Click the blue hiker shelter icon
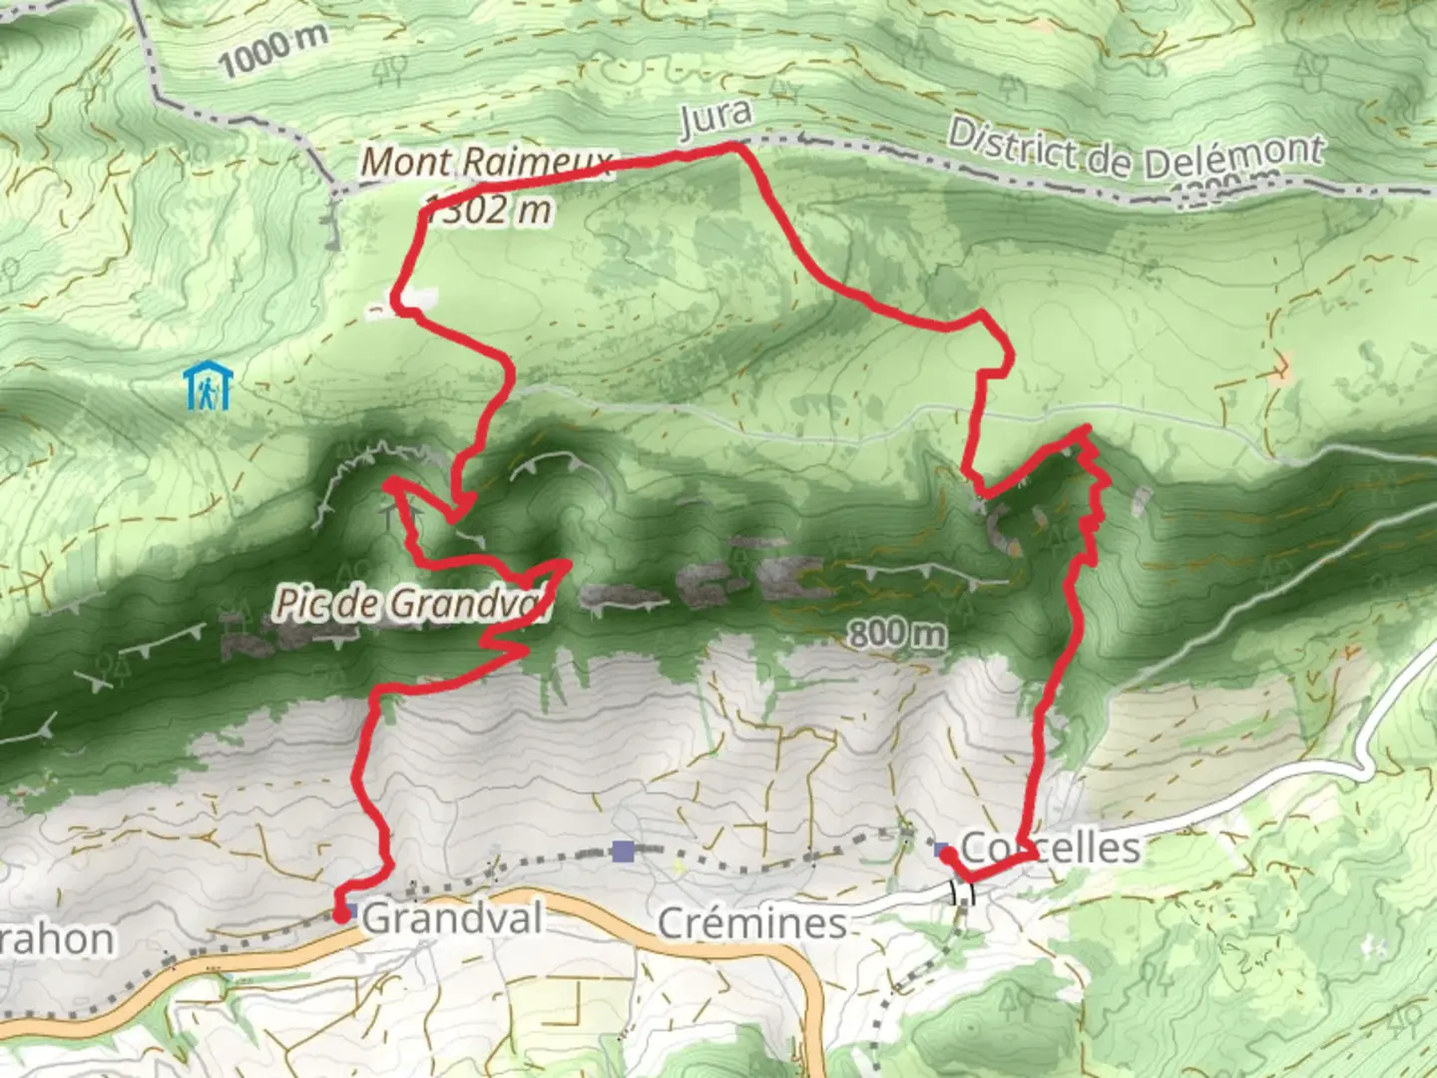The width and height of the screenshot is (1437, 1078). point(208,385)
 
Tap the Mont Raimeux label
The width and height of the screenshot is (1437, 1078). point(486,163)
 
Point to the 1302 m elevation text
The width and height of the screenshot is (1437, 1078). point(489,209)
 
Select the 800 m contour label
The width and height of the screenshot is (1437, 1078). point(896,633)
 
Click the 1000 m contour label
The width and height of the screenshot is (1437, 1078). point(272,50)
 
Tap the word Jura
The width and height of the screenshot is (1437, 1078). point(715,118)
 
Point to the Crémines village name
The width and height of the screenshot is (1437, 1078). point(752,923)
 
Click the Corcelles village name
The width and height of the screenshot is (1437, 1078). point(1050,848)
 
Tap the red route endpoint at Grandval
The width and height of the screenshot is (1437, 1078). point(341,914)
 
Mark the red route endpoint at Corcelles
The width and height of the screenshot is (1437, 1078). point(945,853)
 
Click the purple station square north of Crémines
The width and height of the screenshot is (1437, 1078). point(624,851)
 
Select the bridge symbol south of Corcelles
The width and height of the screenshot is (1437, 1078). point(962,891)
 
